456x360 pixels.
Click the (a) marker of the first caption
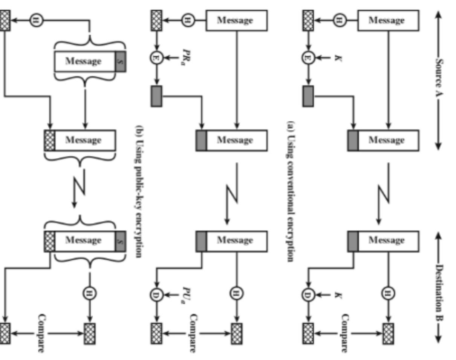click(291, 126)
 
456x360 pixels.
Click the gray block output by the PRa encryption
click(156, 96)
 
